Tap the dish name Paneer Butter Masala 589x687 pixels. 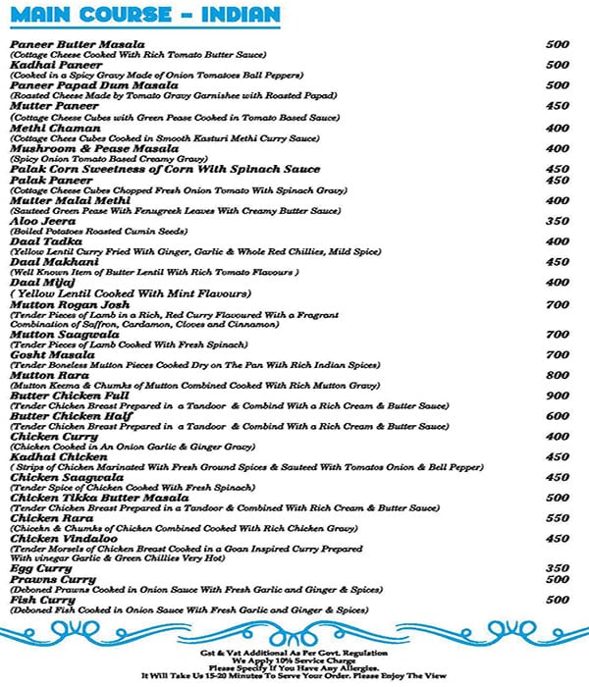point(78,44)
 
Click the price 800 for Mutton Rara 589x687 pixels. point(557,375)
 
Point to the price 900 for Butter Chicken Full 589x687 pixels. point(557,396)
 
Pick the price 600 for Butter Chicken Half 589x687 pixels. point(557,416)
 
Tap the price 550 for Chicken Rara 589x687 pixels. point(557,517)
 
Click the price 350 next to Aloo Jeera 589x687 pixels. point(557,221)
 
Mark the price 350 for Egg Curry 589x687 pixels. point(557,568)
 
